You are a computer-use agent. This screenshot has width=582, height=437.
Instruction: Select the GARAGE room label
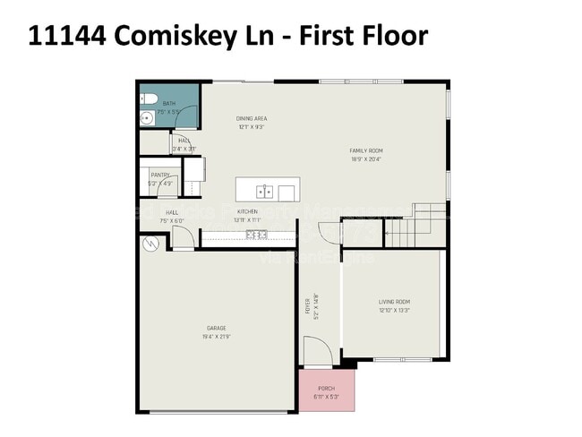217,329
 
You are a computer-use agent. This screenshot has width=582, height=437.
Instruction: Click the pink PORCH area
327,390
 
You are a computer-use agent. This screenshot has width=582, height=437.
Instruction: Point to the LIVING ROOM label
393,302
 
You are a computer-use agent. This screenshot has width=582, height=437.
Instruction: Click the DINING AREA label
252,118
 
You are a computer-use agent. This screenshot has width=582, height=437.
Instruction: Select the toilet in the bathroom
149,98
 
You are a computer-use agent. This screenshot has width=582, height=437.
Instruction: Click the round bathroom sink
145,117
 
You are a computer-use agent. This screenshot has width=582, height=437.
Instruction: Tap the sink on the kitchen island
264,191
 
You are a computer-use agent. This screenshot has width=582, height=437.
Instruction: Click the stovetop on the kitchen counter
257,235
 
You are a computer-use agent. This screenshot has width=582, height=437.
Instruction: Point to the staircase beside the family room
415,227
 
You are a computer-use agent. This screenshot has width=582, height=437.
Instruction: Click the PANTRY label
160,176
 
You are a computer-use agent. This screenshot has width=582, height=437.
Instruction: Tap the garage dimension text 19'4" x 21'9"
217,338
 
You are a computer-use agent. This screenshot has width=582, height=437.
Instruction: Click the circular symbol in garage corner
150,242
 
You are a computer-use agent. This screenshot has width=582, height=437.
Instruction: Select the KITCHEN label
247,212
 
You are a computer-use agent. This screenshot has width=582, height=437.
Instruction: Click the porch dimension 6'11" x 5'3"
327,396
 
